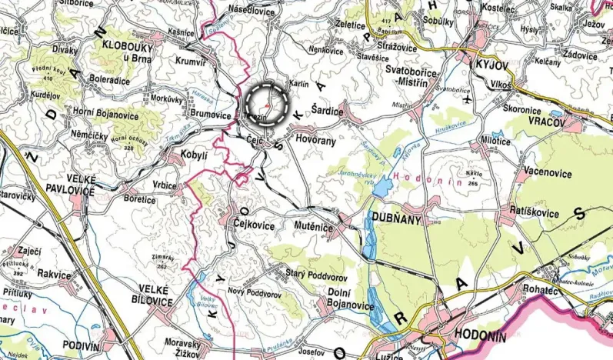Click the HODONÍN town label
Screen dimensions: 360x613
point(480,335)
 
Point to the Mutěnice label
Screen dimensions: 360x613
point(316,228)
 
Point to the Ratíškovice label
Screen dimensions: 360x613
point(538,209)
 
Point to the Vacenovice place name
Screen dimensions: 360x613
point(548,173)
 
